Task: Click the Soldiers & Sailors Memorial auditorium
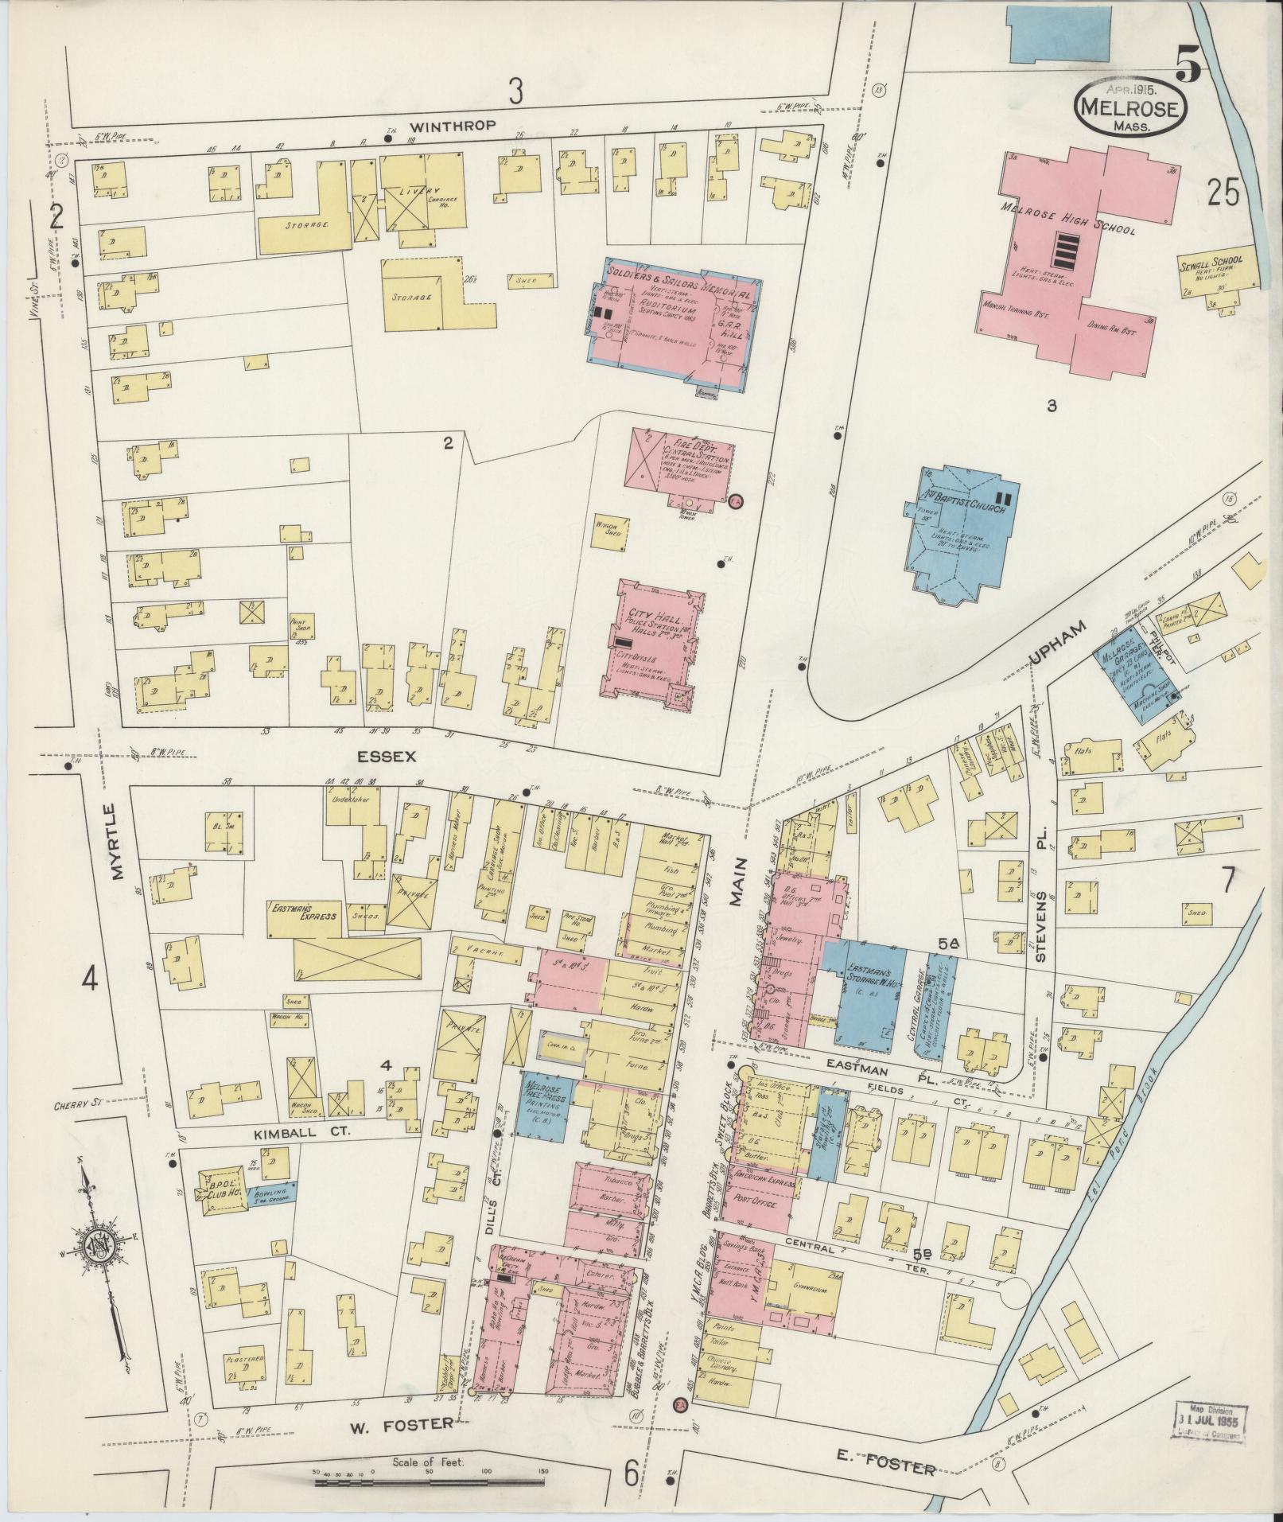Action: pyautogui.click(x=676, y=326)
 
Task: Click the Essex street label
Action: pyautogui.click(x=387, y=757)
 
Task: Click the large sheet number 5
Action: pyautogui.click(x=1189, y=67)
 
